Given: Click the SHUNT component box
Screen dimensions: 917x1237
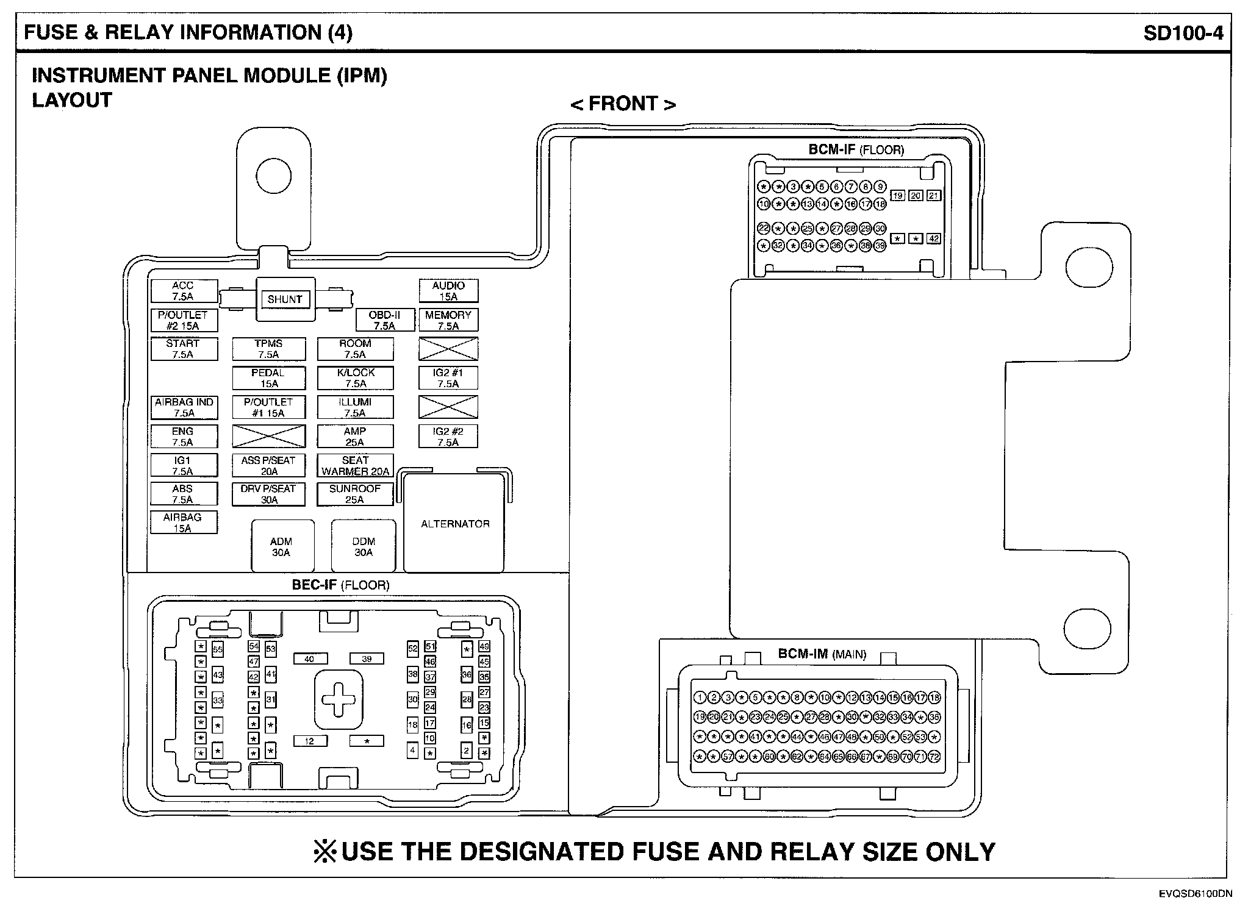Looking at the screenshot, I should (285, 299).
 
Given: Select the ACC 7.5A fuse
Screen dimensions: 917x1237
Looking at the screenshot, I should (184, 291).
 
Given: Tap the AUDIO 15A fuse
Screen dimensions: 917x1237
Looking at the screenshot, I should (448, 291).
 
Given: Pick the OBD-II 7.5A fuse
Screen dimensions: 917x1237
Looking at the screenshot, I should (384, 320).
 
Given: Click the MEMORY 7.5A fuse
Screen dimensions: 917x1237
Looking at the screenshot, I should (448, 320).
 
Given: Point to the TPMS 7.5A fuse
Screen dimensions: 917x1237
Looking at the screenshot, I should (268, 349).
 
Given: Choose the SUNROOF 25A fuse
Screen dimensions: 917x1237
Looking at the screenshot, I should (355, 494).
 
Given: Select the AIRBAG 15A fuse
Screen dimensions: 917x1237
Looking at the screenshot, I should (183, 523).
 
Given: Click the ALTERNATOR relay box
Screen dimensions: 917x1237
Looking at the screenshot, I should (455, 524).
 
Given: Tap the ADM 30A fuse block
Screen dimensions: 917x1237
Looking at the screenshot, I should (281, 546).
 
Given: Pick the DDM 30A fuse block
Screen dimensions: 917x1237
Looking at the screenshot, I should (364, 546).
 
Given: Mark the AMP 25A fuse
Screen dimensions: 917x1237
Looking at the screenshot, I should (355, 437).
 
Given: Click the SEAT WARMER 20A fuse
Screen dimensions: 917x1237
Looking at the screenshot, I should (355, 466).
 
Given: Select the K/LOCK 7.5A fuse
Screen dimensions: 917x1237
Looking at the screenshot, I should (355, 378).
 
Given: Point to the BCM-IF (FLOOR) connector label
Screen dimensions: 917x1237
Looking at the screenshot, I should (856, 149).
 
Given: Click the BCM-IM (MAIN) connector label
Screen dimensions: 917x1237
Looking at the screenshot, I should (822, 654).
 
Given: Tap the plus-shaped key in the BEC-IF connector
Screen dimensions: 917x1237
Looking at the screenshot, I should (339, 699).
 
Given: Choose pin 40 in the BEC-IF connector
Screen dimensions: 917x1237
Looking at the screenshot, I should (310, 658).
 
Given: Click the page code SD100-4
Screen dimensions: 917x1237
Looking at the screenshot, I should (1183, 32).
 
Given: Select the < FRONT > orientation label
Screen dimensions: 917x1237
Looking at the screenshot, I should (623, 104).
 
